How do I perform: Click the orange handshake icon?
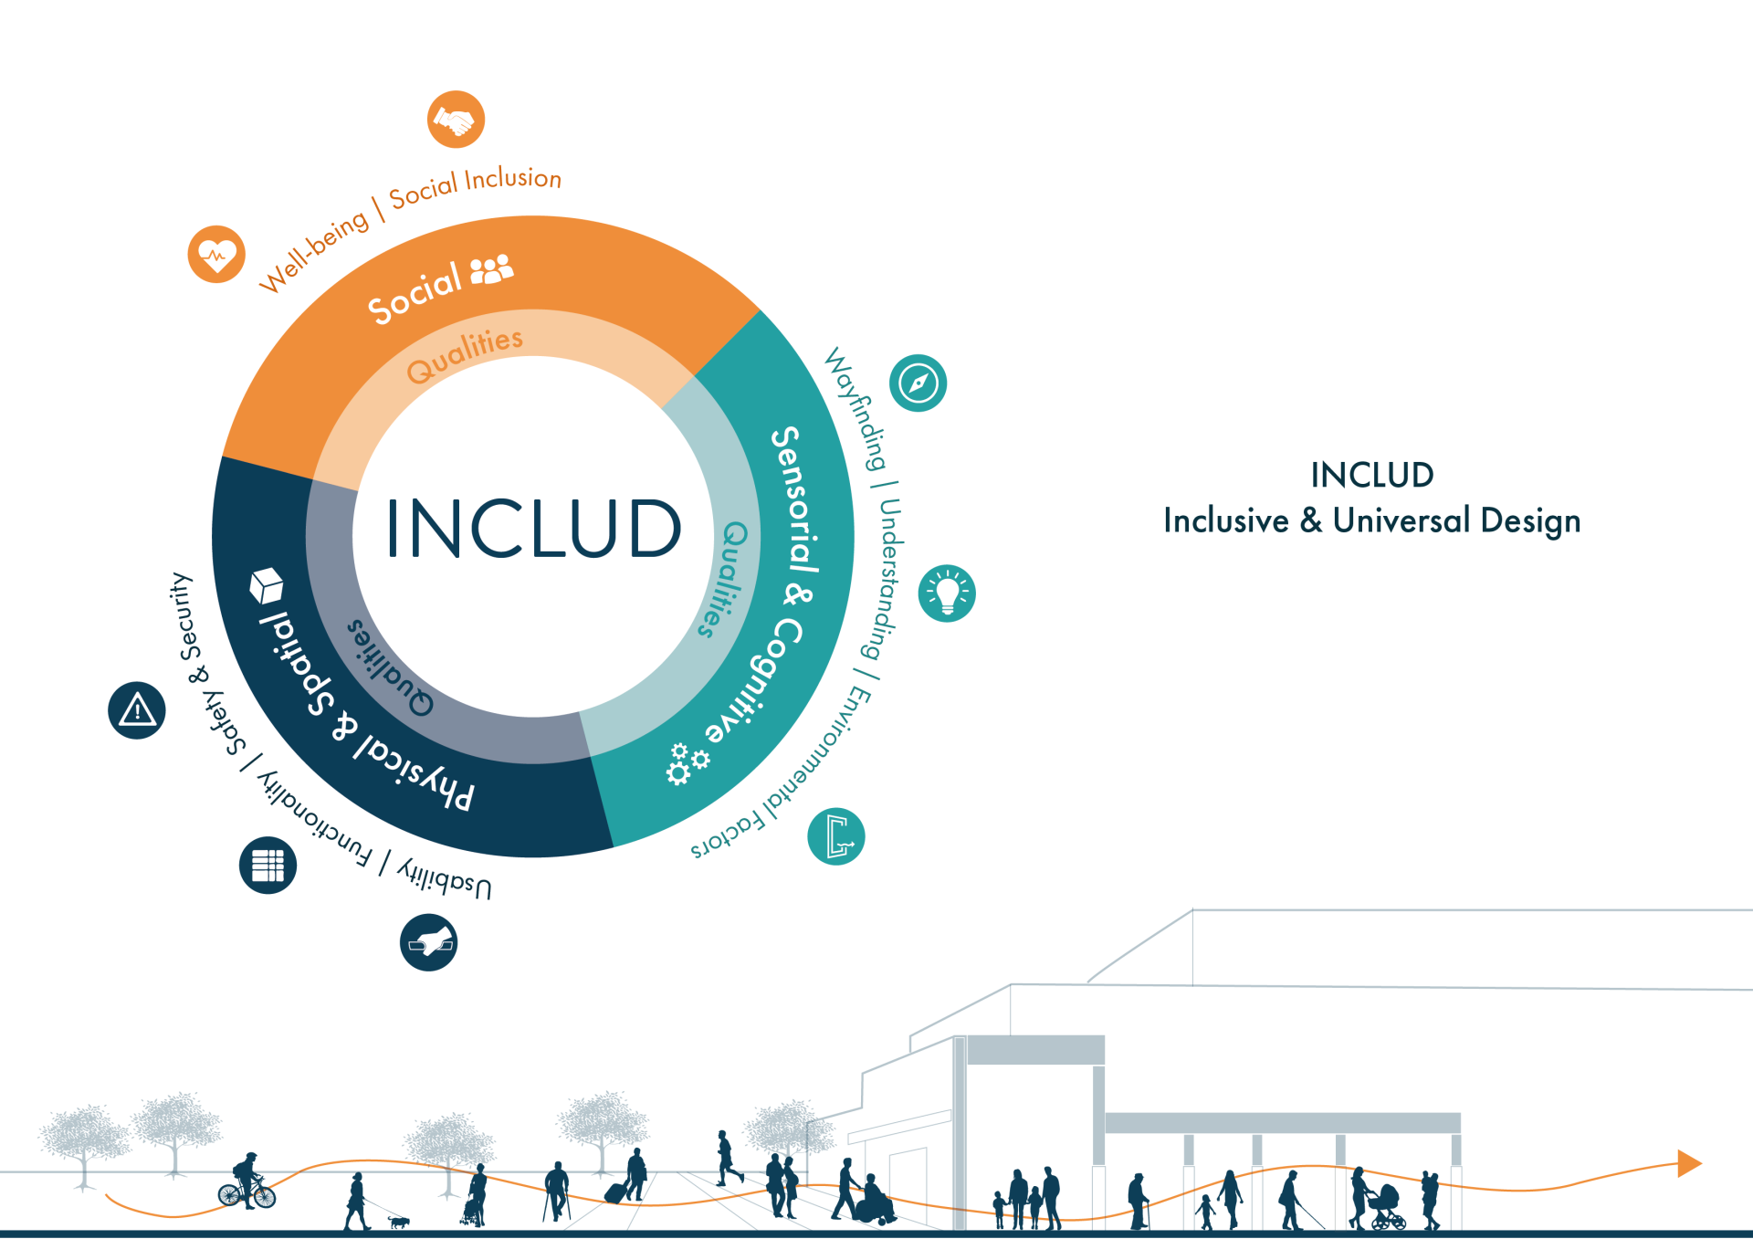[456, 120]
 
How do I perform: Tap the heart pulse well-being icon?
[216, 254]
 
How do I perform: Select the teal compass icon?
[918, 383]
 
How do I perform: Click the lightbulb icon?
[947, 593]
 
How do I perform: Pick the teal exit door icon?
[836, 836]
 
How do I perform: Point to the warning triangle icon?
[137, 709]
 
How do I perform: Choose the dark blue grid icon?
[268, 865]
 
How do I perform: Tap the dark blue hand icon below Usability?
[428, 942]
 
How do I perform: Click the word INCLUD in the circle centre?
[533, 529]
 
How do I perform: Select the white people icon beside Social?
[491, 270]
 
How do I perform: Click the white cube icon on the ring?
[266, 585]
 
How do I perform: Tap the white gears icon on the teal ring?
[687, 763]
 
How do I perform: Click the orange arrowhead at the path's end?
[1688, 1163]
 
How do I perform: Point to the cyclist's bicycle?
[247, 1193]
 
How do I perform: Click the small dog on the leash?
[399, 1221]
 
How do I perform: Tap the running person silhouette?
[727, 1158]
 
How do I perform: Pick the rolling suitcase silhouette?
[617, 1192]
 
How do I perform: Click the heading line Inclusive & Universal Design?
[1371, 520]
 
